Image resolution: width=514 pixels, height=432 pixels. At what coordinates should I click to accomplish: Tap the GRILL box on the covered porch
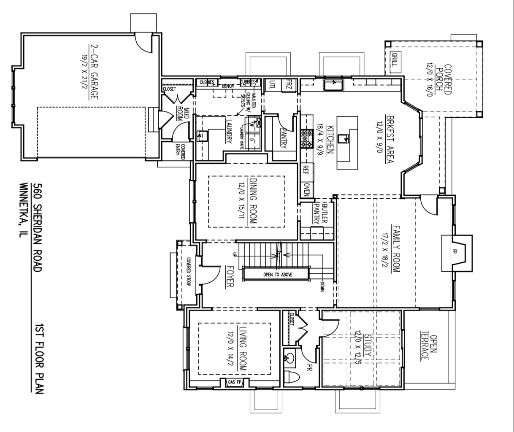click(x=394, y=60)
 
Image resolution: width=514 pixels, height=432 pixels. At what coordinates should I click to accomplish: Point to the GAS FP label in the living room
click(x=234, y=383)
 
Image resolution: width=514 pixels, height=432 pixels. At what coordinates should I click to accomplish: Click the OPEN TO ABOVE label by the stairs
click(x=278, y=275)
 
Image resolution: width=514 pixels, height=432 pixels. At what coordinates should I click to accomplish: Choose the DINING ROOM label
click(x=253, y=201)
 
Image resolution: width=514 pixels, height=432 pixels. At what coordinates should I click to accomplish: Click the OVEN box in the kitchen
click(x=307, y=190)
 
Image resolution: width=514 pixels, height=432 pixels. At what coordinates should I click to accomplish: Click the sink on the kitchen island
click(x=346, y=137)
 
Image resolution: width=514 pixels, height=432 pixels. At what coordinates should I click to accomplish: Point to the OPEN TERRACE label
click(x=428, y=348)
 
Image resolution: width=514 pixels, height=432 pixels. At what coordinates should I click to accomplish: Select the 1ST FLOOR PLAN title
click(x=39, y=359)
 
